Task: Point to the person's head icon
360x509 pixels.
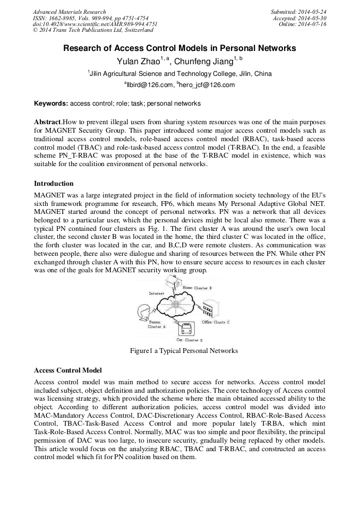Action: pos(144,312)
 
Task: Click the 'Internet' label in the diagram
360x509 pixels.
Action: pos(156,293)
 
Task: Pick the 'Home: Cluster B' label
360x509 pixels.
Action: pos(198,288)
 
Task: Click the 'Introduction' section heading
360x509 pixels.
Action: pos(54,184)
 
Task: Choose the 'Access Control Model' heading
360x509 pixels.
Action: pos(67,370)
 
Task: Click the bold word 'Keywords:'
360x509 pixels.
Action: pos(51,103)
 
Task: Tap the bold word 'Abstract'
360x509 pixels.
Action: pos(48,122)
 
